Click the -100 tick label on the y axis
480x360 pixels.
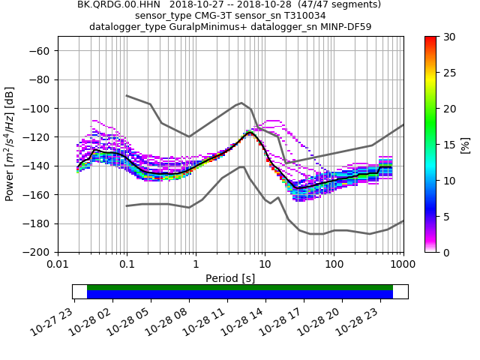tap(39, 108)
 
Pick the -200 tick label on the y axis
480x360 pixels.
tap(39, 252)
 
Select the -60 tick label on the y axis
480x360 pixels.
tap(42, 51)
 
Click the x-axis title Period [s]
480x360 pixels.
tap(230, 278)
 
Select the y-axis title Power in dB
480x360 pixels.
tap(10, 144)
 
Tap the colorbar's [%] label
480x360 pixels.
tap(465, 144)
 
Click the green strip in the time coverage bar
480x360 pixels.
tap(240, 287)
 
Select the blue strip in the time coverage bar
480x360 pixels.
tap(240, 295)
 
